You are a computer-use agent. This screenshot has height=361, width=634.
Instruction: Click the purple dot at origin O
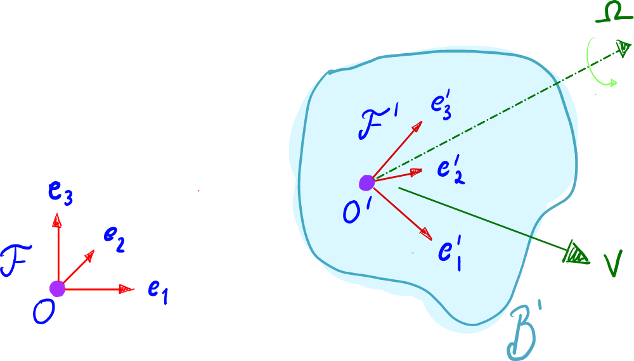(58, 289)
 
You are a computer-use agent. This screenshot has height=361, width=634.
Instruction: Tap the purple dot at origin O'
(366, 183)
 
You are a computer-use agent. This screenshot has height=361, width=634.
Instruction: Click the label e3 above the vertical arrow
(61, 192)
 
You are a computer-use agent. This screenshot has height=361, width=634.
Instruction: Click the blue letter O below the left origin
(44, 312)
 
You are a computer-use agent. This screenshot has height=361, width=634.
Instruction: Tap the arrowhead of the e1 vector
(129, 289)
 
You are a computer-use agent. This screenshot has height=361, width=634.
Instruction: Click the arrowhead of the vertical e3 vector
(58, 218)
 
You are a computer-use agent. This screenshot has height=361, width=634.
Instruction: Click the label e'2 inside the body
(451, 170)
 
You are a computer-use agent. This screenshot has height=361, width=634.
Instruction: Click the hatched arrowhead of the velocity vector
(576, 253)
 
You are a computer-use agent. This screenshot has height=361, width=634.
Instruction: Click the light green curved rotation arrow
(599, 63)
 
